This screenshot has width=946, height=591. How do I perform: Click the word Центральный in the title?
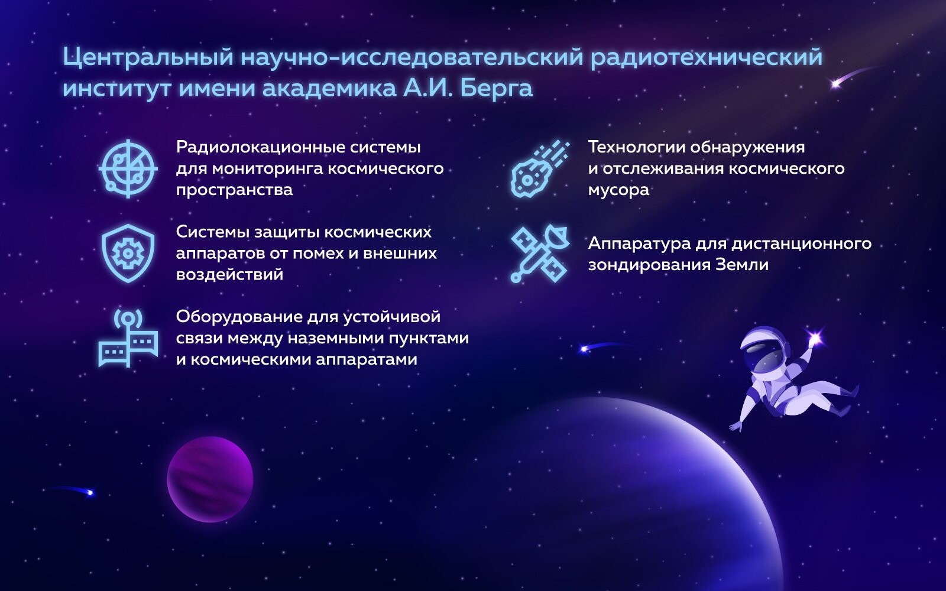148,57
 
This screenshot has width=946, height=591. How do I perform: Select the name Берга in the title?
496,89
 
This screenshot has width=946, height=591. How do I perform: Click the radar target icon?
128,168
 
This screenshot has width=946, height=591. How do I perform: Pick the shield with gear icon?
128,254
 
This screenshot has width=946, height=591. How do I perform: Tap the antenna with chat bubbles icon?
128,338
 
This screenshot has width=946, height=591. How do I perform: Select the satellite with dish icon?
540,254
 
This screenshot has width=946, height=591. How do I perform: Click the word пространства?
234,190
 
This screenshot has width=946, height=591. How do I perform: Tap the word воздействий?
229,275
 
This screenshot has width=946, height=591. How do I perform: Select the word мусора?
618,190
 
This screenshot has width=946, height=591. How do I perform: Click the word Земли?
742,265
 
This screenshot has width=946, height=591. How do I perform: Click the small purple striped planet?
210,479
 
